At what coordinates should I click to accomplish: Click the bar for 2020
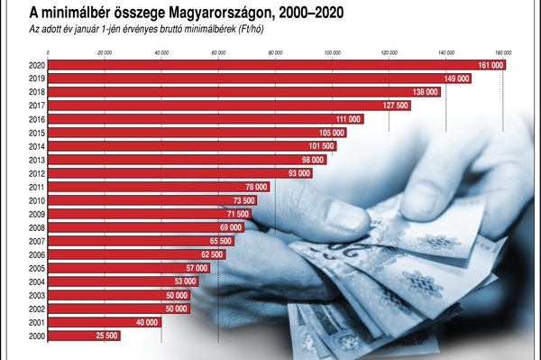point(270,66)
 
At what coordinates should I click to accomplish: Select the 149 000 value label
point(456,79)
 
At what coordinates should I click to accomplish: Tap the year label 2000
point(37,337)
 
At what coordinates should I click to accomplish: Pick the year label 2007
point(37,242)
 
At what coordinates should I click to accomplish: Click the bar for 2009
point(135,215)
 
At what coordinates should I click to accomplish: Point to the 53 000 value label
point(185,282)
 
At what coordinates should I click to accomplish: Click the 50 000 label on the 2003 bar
point(177,296)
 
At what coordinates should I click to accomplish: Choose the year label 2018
point(37,93)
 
